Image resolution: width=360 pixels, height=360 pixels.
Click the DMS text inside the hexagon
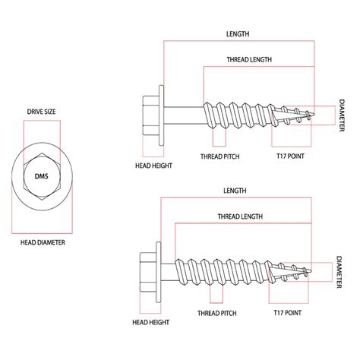pos(41,176)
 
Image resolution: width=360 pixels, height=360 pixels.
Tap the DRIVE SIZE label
pos(41,112)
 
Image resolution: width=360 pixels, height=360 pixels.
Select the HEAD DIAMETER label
pos(43,242)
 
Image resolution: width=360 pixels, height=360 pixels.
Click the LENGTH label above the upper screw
pos(238,34)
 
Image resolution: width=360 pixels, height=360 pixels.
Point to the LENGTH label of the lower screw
pos(235,191)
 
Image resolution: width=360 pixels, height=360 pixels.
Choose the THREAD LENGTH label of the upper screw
pos(249,60)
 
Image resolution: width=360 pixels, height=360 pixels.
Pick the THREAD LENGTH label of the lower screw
pos(240,216)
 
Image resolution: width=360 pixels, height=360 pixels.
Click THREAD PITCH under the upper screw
pos(220,156)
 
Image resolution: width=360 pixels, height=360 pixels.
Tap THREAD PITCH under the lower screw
pos(217,313)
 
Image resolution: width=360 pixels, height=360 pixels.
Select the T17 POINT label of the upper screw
pos(290,156)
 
